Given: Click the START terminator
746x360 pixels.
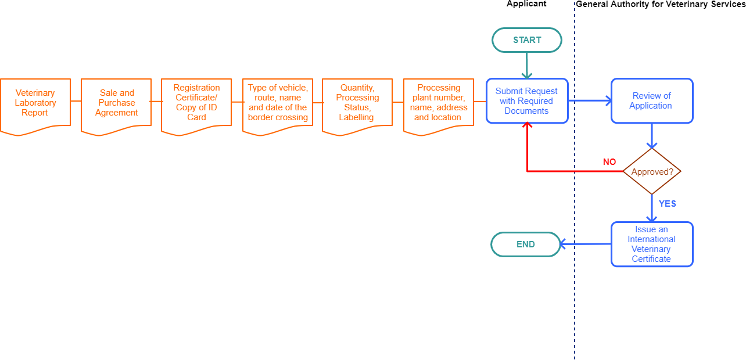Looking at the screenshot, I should point(526,40).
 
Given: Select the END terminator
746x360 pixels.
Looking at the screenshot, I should point(525,244).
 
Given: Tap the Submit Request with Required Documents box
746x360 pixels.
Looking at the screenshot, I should point(526,101).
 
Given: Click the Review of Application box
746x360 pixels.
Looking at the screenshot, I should point(651,101).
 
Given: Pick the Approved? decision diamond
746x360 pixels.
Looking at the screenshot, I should point(652,172).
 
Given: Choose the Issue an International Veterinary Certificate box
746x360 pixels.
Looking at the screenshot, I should point(651,244).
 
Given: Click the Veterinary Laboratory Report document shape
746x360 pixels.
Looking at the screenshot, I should point(35,103).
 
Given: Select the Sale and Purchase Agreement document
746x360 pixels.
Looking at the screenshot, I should point(116,103).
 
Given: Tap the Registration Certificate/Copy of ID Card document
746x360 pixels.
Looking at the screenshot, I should point(196,103).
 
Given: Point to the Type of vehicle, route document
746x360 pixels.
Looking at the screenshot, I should point(277,103).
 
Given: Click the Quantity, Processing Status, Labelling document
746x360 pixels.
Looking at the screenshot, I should point(357,103).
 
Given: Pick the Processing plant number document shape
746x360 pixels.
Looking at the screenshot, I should point(438,103).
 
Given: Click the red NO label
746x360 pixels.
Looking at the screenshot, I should point(609,162).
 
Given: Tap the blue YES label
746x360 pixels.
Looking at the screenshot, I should point(667,204).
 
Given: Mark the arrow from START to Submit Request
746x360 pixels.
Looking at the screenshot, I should point(526,65).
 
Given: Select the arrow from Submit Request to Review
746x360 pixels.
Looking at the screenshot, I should point(589,100).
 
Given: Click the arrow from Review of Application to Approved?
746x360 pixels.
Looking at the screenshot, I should point(652,136).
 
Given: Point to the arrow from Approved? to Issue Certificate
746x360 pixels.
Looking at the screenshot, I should point(652,208).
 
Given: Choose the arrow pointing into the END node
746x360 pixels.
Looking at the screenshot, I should point(586,244).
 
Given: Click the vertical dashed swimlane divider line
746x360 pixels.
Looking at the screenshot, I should point(575,302).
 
